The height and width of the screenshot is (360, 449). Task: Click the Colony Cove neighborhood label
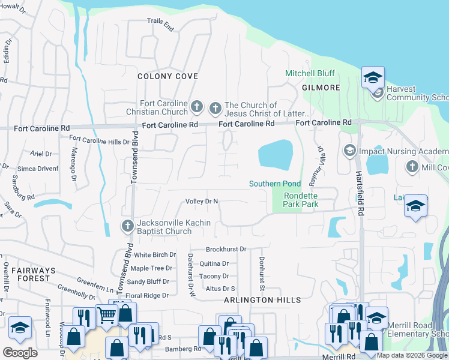167,76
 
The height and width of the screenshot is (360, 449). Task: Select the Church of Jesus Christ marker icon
215,109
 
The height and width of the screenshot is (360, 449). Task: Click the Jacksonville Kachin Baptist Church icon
127,227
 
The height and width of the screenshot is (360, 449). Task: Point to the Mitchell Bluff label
309,74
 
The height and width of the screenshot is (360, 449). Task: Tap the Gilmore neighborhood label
321,88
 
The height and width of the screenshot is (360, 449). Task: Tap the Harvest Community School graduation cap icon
373,77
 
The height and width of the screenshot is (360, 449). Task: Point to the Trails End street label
160,25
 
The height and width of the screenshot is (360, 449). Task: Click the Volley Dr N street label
202,202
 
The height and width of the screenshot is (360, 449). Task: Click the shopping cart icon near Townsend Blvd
106,314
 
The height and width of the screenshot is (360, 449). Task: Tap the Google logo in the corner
20,353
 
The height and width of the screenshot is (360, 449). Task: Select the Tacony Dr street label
214,276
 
